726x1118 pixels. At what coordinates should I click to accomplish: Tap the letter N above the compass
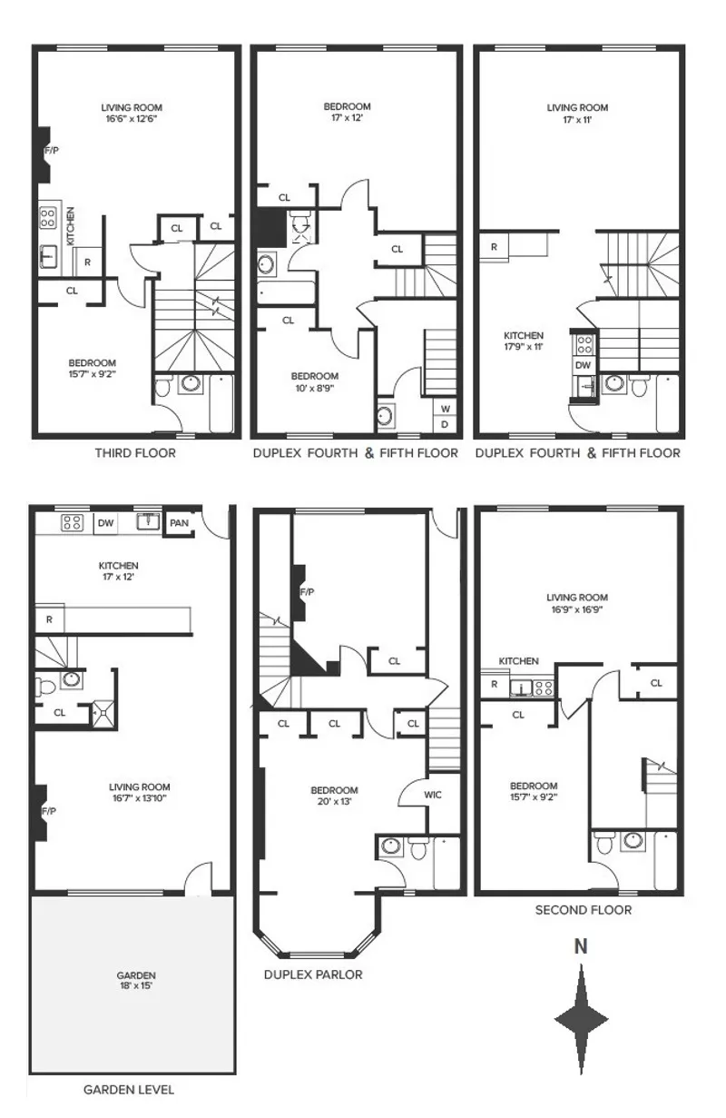point(581,946)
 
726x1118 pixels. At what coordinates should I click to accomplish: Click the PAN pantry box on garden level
point(179,522)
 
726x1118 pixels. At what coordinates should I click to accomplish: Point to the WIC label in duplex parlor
point(433,794)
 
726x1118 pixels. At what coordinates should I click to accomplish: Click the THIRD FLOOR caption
point(135,452)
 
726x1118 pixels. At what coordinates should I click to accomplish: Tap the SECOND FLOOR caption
point(583,909)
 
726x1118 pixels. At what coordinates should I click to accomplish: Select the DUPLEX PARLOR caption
point(313,975)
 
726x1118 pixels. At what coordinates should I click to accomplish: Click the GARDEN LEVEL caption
point(129,1089)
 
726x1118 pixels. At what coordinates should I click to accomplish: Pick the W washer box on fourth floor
point(445,406)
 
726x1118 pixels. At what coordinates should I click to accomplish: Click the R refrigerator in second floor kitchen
point(494,686)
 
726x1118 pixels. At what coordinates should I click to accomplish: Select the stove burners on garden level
point(72,522)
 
